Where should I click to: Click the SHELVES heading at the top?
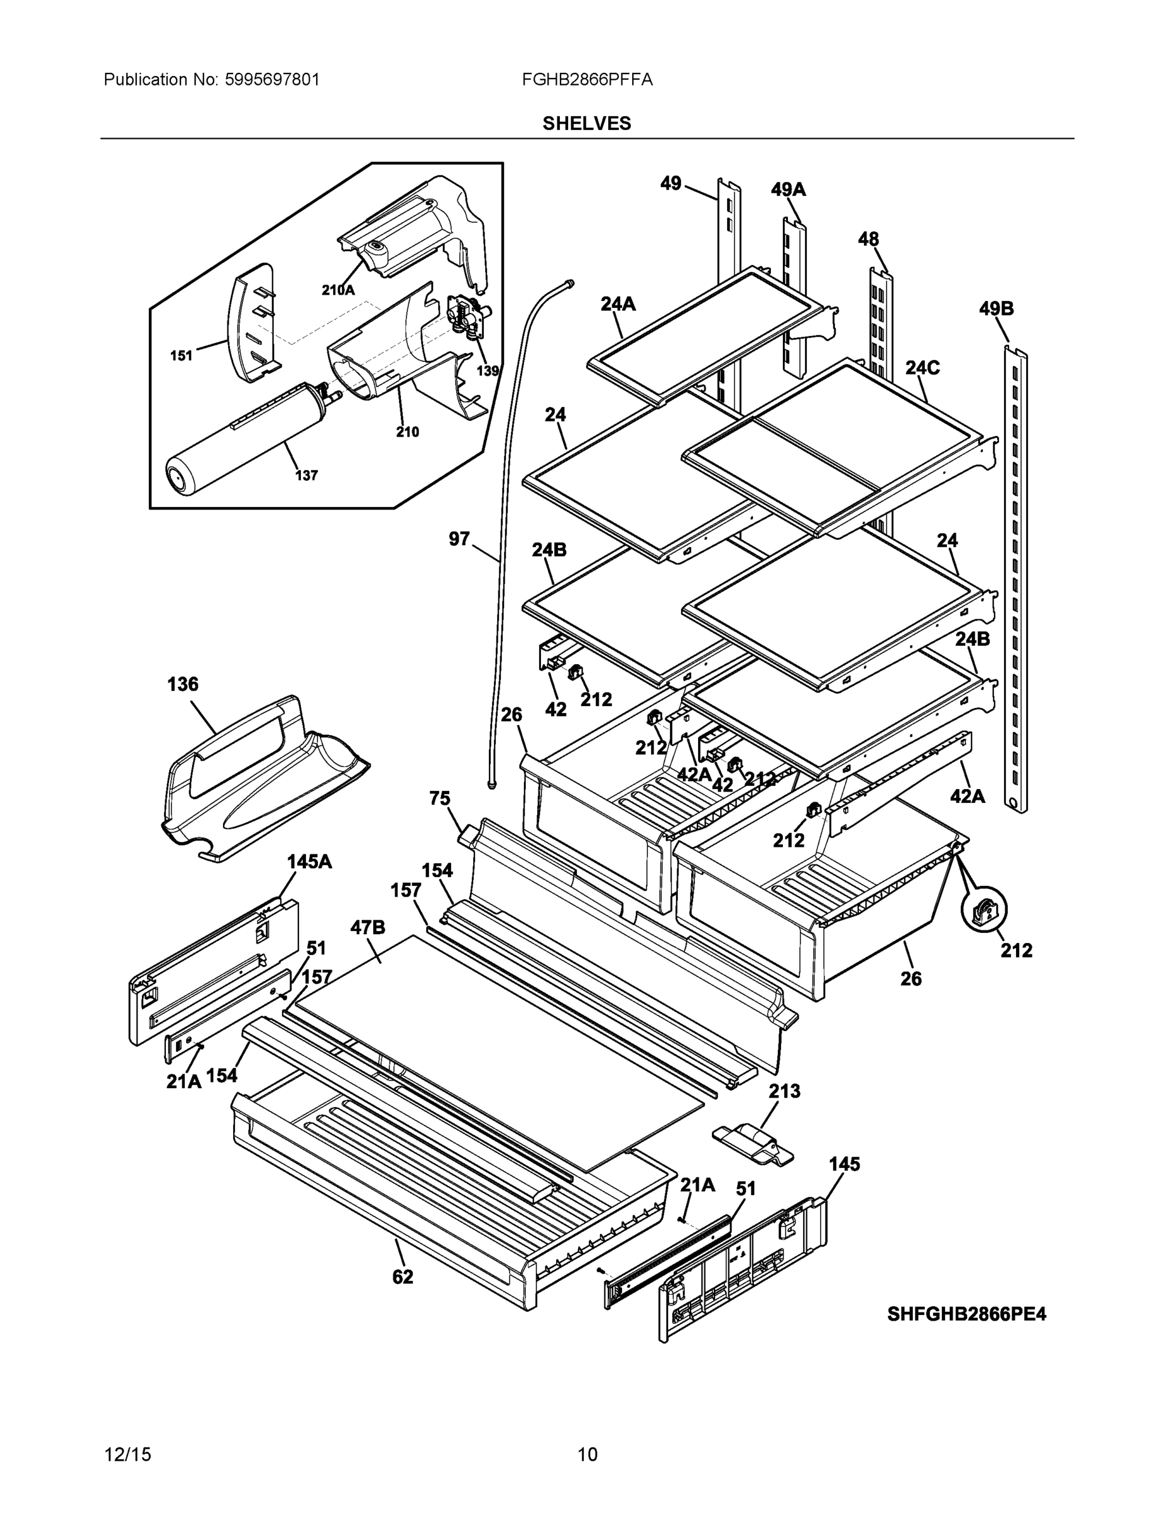pos(586,124)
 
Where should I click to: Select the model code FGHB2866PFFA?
pos(586,79)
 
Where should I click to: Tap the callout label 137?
pos(307,476)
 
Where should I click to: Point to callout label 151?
pos(181,356)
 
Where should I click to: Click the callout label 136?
pos(183,684)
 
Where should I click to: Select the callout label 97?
pos(459,539)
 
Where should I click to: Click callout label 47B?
pos(367,927)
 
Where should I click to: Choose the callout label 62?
pos(402,1276)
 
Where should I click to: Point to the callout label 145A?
pos(309,861)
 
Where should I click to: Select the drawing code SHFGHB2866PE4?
pos(966,1314)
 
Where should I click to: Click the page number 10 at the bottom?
pos(587,1454)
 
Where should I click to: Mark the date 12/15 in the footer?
pos(127,1454)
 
